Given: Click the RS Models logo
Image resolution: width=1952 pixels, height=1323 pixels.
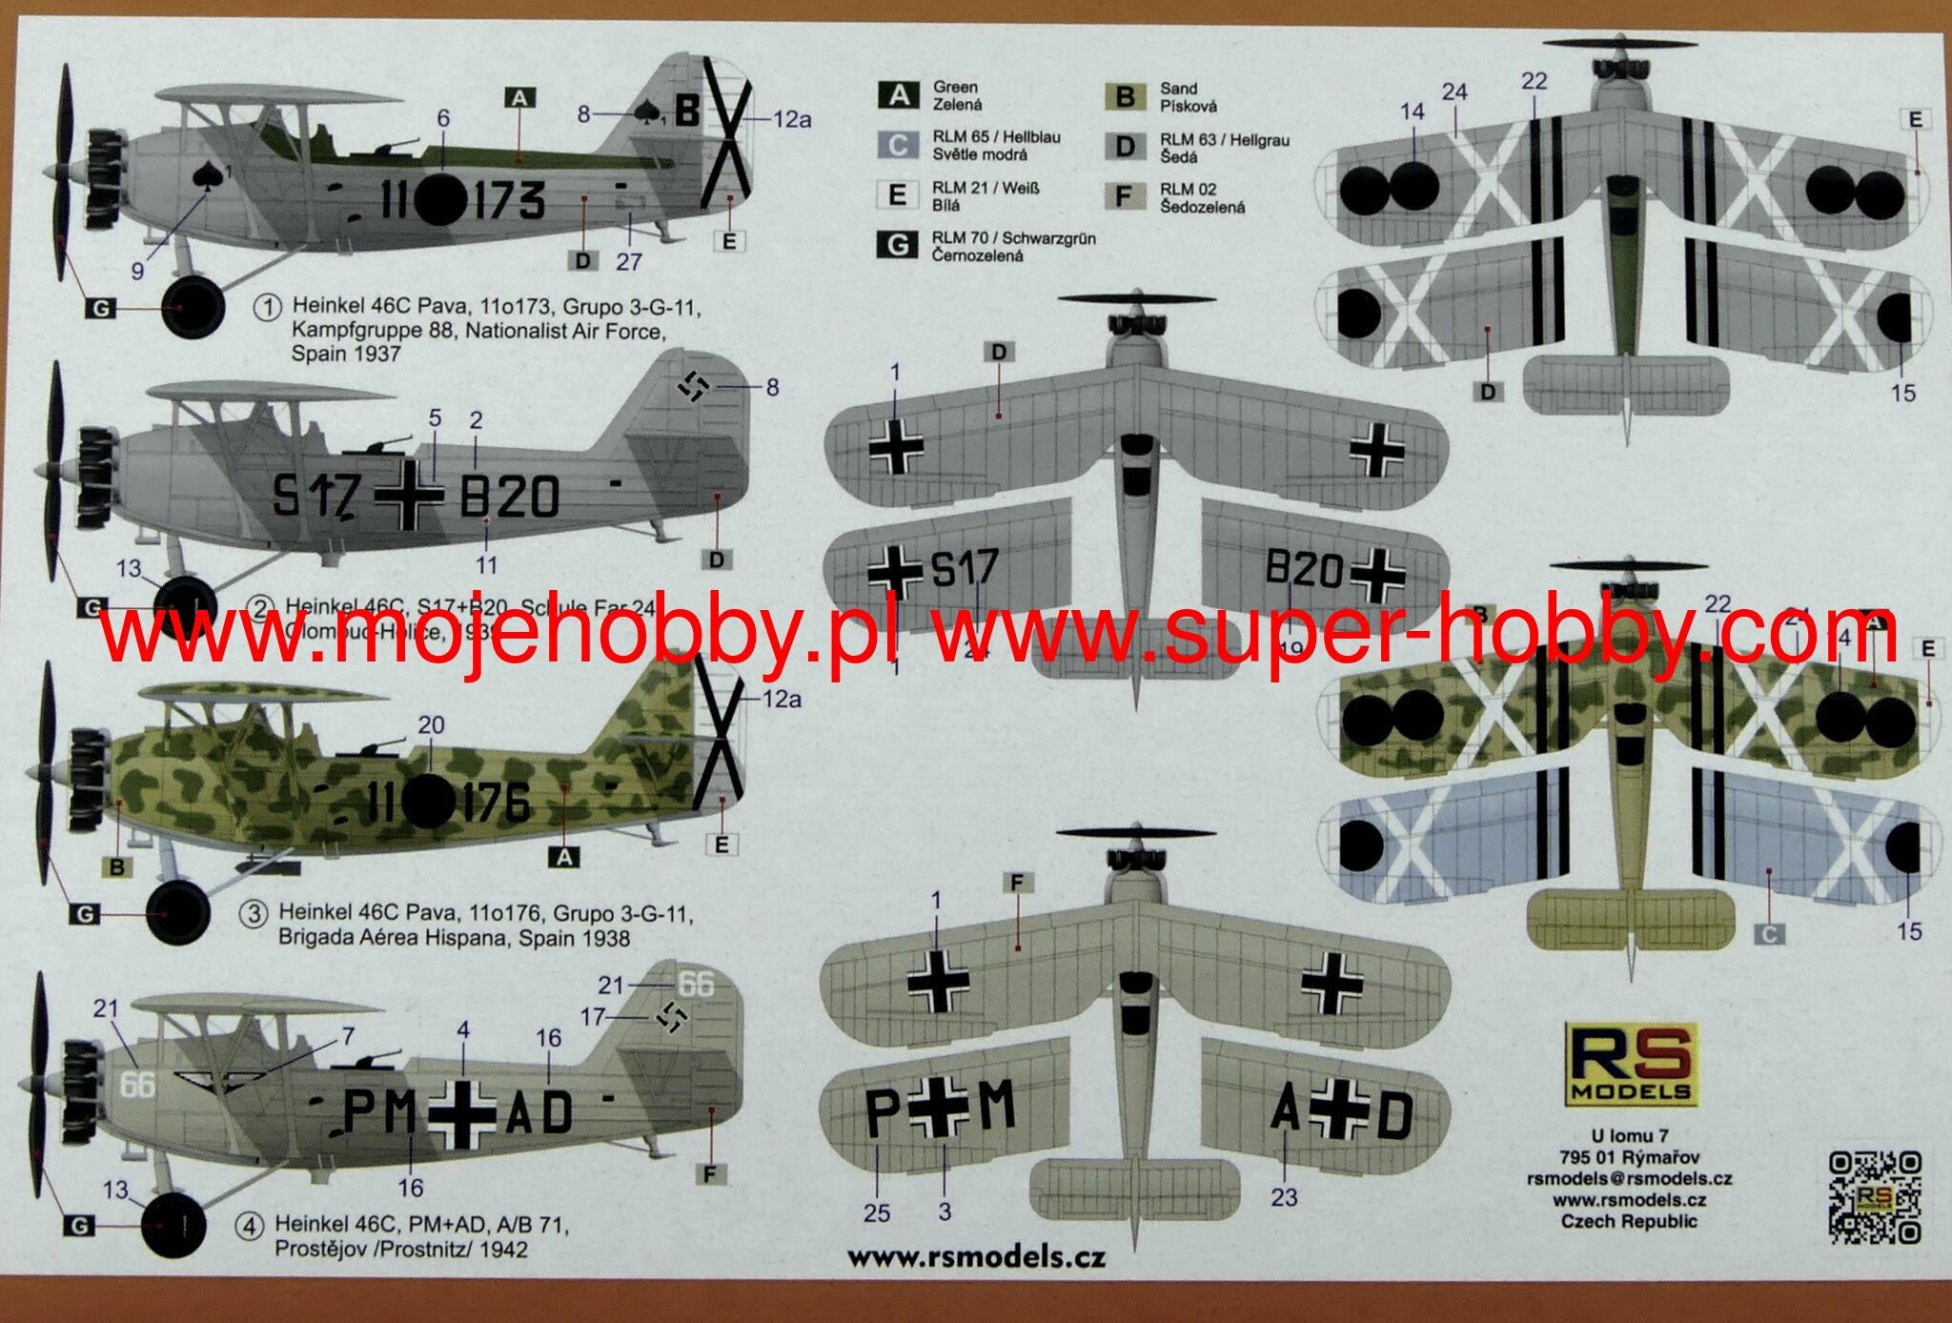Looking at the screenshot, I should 1631,1064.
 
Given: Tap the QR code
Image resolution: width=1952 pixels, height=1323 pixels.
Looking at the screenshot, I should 1874,1197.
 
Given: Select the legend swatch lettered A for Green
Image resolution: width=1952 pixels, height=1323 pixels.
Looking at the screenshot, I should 898,95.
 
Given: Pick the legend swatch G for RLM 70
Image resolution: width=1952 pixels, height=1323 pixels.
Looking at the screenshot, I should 897,245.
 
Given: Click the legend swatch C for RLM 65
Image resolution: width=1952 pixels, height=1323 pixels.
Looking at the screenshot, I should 898,145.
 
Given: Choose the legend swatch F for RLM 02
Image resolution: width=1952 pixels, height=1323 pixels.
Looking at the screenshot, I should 1125,196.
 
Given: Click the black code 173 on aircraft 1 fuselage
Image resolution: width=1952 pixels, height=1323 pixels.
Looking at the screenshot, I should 510,200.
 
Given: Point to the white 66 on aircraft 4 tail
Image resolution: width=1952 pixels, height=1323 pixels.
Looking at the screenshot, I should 696,984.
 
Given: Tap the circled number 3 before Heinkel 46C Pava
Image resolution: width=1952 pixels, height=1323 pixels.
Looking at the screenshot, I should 254,914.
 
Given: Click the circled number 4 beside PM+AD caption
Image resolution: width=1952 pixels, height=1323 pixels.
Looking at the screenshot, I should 249,1227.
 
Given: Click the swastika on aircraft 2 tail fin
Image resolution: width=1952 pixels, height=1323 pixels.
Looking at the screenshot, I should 694,386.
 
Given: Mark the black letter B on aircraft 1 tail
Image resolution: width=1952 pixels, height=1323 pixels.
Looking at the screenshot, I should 686,112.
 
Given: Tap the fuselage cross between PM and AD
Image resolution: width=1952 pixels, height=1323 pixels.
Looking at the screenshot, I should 462,1113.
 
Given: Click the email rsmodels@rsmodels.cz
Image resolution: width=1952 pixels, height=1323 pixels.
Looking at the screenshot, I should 1629,1178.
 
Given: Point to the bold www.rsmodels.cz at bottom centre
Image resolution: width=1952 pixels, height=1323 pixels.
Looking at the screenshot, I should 976,1257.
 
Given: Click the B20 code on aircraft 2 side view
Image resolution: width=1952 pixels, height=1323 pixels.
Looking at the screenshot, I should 510,496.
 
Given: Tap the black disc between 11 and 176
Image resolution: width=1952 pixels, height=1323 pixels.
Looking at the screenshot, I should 428,801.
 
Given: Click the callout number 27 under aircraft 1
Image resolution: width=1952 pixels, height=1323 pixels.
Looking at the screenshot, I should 629,261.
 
